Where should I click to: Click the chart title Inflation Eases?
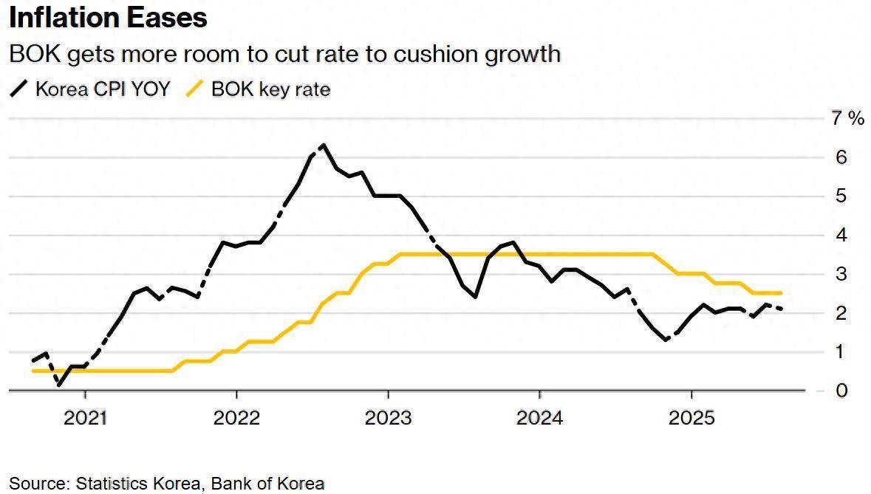(x=108, y=18)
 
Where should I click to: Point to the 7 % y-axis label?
(x=847, y=118)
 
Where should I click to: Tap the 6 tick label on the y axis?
(x=840, y=157)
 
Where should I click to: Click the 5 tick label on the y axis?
(x=840, y=196)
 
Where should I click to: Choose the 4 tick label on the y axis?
(x=840, y=236)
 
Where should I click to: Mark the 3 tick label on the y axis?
(x=840, y=274)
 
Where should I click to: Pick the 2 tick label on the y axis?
(x=840, y=313)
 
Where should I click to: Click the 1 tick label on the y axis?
(x=840, y=351)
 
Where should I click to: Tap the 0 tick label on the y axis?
(x=840, y=391)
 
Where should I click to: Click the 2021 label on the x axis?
(x=86, y=419)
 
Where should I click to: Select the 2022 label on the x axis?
(x=236, y=419)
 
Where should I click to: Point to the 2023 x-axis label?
(x=389, y=419)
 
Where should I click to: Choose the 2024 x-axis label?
(x=539, y=419)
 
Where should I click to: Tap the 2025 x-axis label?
(x=691, y=419)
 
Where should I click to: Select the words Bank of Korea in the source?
(x=267, y=484)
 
